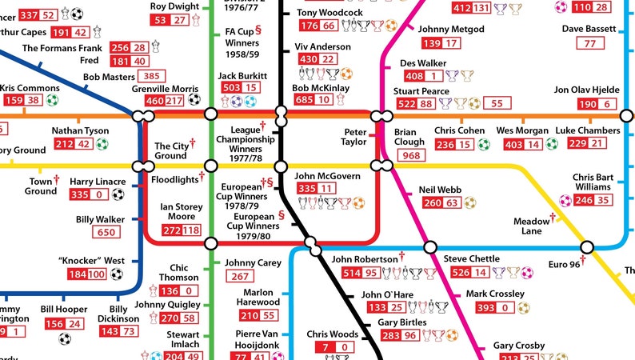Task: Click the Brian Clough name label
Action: pyautogui.click(x=410, y=138)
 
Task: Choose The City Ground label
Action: pyautogui.click(x=172, y=150)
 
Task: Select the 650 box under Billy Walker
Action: pyautogui.click(x=106, y=233)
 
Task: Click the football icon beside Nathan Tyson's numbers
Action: pyautogui.click(x=102, y=145)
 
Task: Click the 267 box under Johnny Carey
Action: pyautogui.click(x=241, y=277)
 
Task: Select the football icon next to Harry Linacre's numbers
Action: pyautogui.click(x=118, y=194)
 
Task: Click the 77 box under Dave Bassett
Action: pyautogui.click(x=590, y=43)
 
